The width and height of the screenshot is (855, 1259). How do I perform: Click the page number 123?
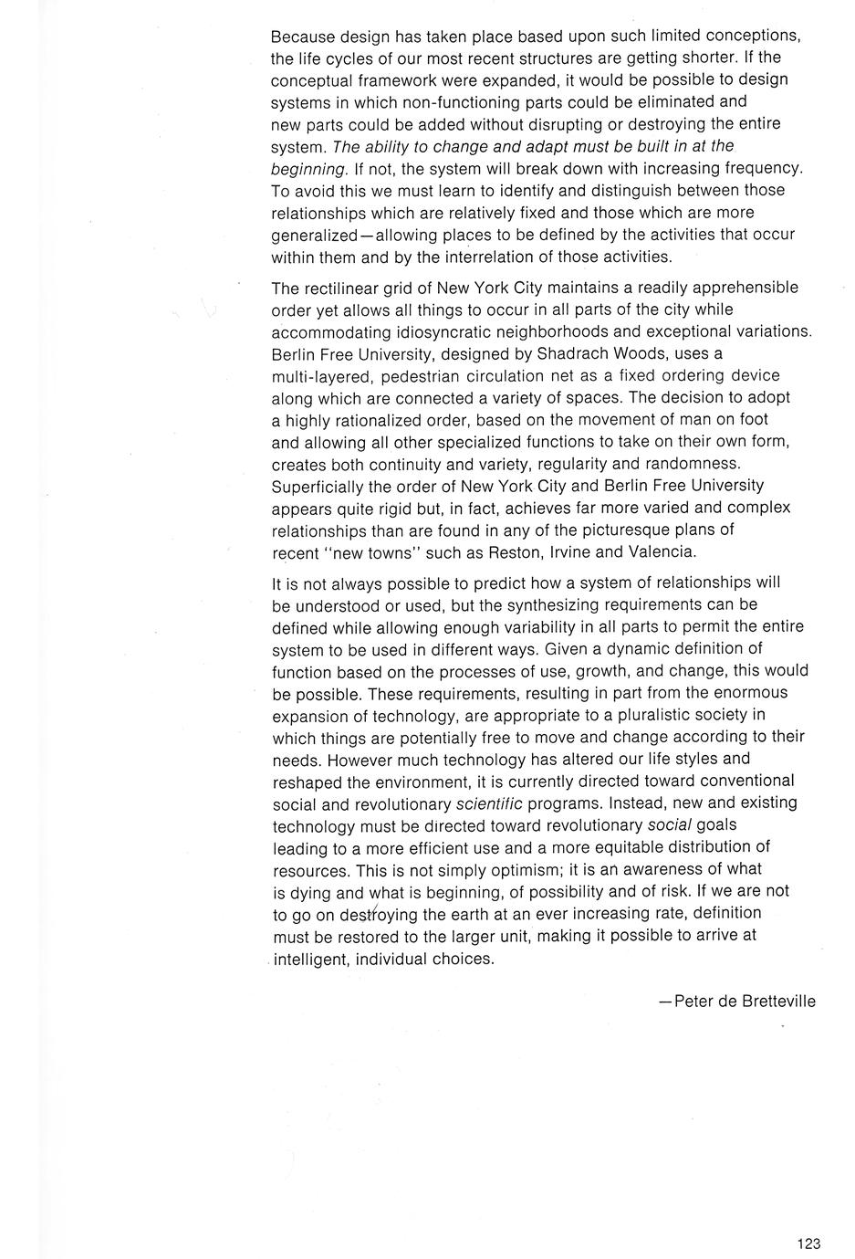[x=808, y=1243]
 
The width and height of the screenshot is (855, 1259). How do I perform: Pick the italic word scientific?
[x=489, y=803]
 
